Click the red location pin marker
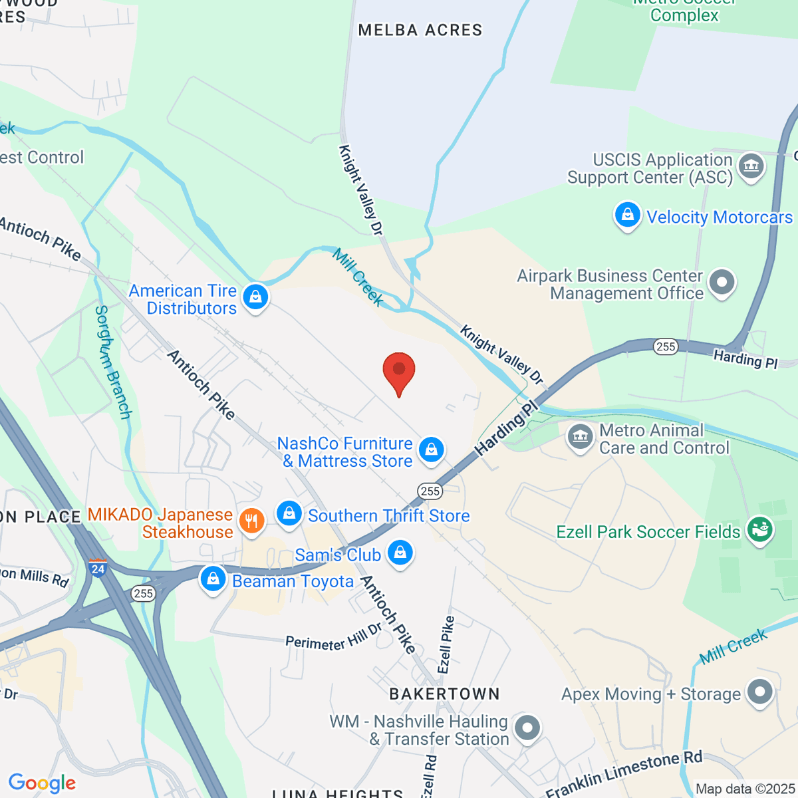(x=399, y=371)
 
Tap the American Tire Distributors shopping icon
(x=255, y=297)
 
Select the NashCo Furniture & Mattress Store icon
(x=432, y=449)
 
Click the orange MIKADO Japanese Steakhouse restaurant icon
(x=251, y=521)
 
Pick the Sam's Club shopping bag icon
(x=400, y=553)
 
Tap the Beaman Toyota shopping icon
(x=213, y=579)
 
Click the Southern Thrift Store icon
(x=289, y=513)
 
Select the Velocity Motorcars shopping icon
(x=627, y=215)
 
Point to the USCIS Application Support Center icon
(x=751, y=164)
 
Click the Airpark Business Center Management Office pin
(x=722, y=282)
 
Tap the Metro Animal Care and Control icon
(x=580, y=438)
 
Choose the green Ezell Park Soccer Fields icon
(x=760, y=530)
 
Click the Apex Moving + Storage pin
(x=759, y=692)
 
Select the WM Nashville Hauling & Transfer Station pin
(x=527, y=728)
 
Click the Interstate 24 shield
(x=98, y=568)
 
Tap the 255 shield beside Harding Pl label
(x=666, y=346)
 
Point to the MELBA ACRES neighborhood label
(x=420, y=30)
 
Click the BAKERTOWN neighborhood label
(x=444, y=694)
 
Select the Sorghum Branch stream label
(x=113, y=362)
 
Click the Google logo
(x=42, y=783)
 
